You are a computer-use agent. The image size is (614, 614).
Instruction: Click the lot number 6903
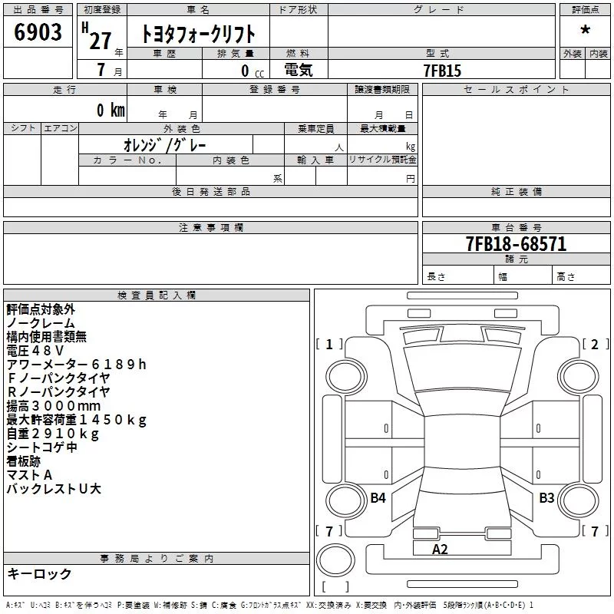[38, 31]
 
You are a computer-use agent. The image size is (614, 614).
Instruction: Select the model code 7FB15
[442, 71]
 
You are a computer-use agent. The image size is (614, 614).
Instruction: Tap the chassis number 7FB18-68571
[516, 244]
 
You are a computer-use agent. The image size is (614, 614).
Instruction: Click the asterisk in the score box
[585, 30]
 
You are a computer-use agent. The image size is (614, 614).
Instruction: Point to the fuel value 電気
[299, 70]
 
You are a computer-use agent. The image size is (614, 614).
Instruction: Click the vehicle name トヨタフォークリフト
[198, 34]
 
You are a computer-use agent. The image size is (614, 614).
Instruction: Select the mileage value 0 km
[111, 110]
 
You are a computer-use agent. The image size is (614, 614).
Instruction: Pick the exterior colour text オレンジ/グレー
[164, 145]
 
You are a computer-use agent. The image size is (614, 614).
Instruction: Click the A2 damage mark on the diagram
[439, 549]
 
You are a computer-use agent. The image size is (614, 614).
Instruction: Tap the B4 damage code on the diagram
[378, 497]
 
